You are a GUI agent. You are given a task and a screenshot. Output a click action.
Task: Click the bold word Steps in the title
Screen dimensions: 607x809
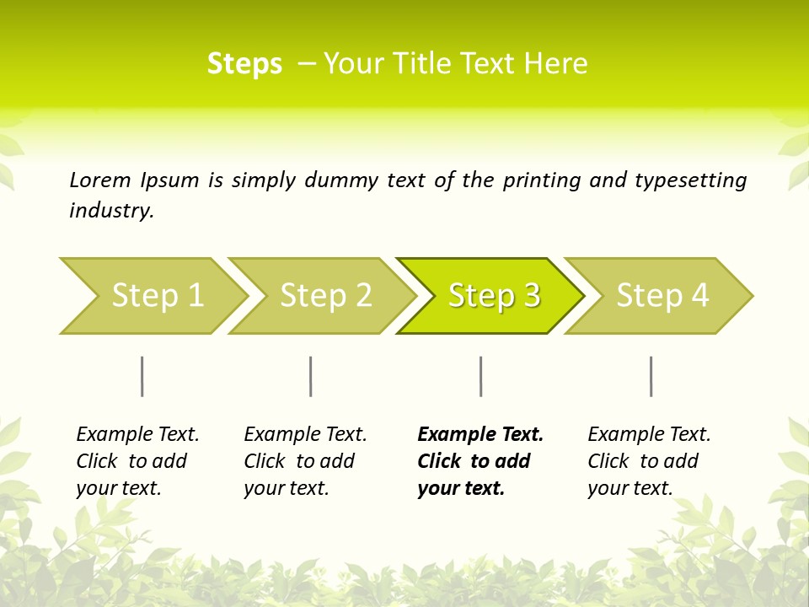click(x=244, y=64)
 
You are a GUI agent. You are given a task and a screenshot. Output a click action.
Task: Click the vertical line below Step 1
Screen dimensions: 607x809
click(x=142, y=376)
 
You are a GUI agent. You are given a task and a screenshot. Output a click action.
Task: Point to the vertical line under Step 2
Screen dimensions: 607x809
click(x=311, y=376)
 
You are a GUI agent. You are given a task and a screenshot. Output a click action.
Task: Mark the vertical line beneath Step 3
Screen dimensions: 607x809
click(x=481, y=376)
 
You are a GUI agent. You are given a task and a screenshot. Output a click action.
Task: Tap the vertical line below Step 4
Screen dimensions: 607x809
click(x=651, y=376)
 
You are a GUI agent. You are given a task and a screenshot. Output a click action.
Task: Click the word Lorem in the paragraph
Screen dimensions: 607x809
click(x=100, y=180)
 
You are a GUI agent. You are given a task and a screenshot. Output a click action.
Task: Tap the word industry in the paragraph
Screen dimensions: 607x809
click(x=111, y=211)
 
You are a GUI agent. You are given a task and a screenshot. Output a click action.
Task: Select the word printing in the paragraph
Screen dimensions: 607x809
click(x=542, y=180)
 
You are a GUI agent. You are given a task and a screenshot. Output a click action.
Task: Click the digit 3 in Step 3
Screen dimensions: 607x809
click(x=531, y=296)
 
